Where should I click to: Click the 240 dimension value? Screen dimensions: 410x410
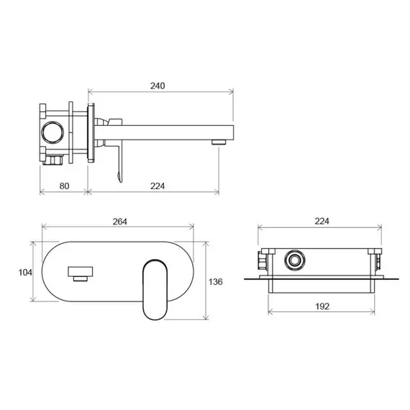tap(158, 86)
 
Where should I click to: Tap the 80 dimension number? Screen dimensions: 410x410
tap(64, 186)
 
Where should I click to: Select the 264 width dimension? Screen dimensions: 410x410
tap(119, 222)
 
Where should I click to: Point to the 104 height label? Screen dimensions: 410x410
tap(25, 273)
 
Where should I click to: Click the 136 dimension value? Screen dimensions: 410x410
tap(216, 282)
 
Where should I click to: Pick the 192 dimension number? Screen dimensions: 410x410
tap(322, 306)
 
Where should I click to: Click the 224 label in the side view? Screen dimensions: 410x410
tap(158, 186)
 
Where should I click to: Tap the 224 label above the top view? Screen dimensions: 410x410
tap(322, 222)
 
